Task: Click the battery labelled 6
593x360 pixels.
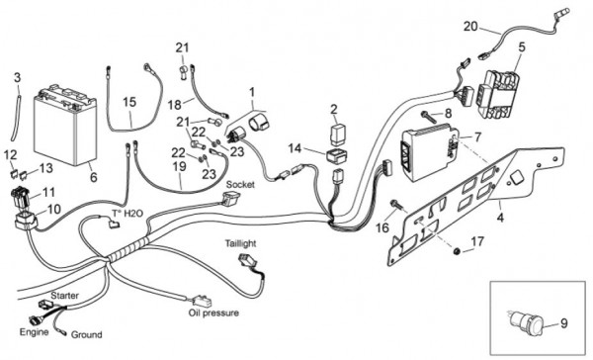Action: [x=65, y=126]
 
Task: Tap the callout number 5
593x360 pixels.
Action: [x=522, y=47]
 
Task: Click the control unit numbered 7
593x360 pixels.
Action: [x=428, y=151]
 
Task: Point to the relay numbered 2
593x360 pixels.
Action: [x=338, y=134]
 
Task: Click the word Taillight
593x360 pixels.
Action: [x=240, y=243]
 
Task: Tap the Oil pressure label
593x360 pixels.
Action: [x=213, y=314]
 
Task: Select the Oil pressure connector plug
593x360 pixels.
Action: [x=202, y=301]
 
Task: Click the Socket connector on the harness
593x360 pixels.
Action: [x=230, y=198]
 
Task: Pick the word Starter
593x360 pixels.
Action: [x=64, y=296]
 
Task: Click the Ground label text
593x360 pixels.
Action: [x=87, y=334]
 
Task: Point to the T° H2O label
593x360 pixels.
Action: [x=127, y=214]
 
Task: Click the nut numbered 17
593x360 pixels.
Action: [x=457, y=250]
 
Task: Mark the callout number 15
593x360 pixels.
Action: [x=129, y=102]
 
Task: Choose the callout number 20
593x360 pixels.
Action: [x=470, y=27]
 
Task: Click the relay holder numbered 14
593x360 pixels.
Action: [x=338, y=156]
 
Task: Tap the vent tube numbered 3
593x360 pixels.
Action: [x=16, y=118]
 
